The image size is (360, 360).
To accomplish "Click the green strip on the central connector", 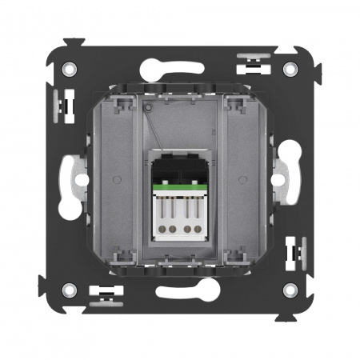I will coord(180,188).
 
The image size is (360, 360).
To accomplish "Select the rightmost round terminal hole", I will coord(198,229).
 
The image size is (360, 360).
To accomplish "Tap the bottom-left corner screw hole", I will coord(70,290).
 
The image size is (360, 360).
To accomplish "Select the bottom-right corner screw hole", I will coord(290,290).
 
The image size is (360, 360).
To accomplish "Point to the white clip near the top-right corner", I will coord(254,62).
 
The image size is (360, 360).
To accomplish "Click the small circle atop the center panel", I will coord(148,105).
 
